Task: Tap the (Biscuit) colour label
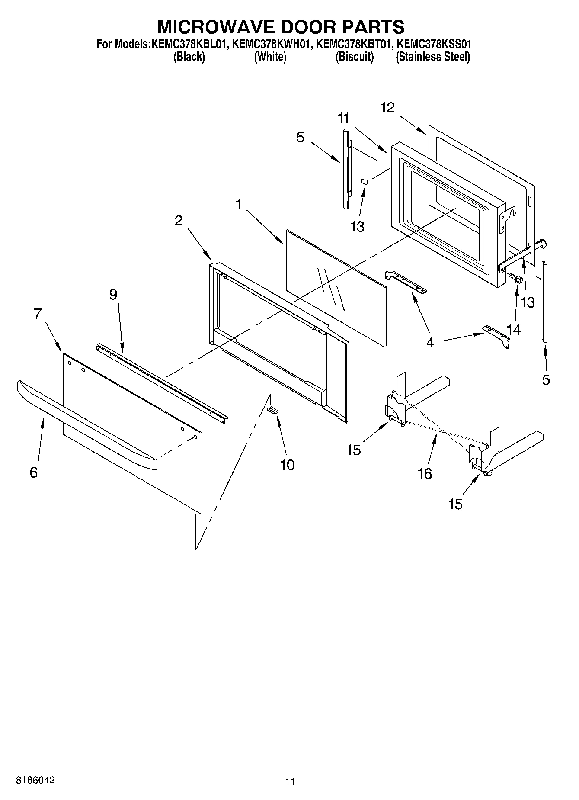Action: tap(355, 57)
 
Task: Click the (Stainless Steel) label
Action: tap(433, 57)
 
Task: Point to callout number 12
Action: tap(388, 108)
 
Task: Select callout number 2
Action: tap(178, 221)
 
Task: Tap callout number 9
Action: tap(113, 295)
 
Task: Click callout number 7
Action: tap(38, 314)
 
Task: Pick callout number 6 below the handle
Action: tap(34, 472)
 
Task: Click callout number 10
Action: tap(287, 465)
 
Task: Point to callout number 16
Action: tap(425, 474)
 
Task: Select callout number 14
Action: tap(514, 329)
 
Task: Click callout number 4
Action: tap(430, 342)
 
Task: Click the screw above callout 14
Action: tap(515, 279)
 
